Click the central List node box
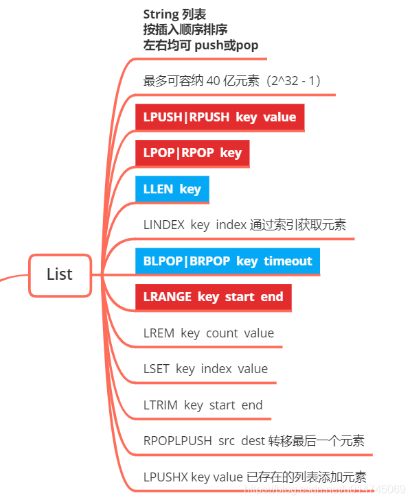point(60,275)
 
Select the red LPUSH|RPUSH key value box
point(220,117)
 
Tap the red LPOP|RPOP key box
point(192,153)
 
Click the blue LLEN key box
point(172,189)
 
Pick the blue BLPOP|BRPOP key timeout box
point(227,261)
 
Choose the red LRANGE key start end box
point(213,297)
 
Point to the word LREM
point(159,333)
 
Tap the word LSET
point(157,369)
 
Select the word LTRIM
point(160,405)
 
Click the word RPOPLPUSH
point(177,441)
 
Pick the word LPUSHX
point(165,477)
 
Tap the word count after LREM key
point(221,333)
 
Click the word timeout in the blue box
point(288,261)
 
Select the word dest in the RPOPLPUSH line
point(254,441)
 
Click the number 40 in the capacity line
point(214,81)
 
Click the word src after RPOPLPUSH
point(227,441)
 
